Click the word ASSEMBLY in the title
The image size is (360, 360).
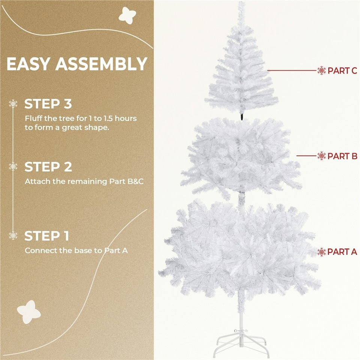101,64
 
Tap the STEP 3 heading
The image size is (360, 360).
48,104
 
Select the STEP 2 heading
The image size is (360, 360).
48,166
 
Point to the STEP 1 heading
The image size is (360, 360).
47,236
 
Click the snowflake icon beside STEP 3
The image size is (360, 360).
13,104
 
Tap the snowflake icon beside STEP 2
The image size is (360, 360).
13,166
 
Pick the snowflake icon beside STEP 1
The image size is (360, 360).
13,235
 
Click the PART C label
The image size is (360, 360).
342,70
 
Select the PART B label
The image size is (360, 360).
342,156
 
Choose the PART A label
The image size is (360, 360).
342,252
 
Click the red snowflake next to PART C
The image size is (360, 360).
322,70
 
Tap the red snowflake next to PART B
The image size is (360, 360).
322,156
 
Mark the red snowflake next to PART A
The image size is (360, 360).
322,252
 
